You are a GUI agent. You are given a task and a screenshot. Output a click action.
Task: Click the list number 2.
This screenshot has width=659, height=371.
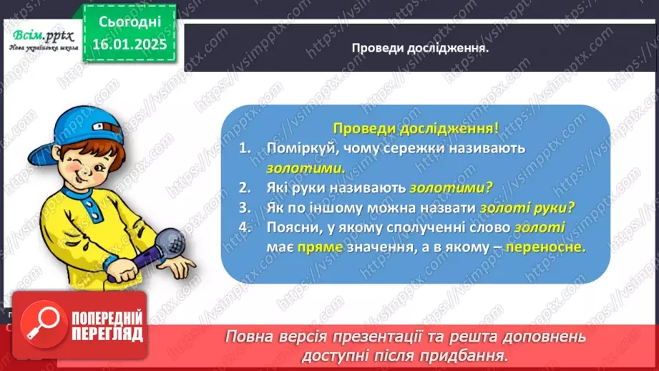pos(245,188)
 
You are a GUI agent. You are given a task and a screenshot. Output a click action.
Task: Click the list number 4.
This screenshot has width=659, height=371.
pos(245,228)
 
